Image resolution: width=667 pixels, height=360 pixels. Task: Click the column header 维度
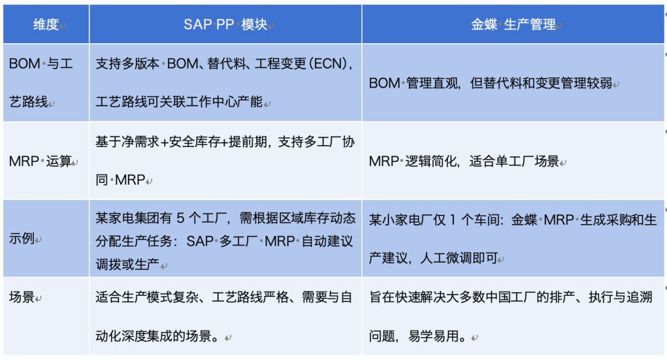pyautogui.click(x=46, y=24)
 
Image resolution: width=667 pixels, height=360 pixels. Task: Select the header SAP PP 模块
pyautogui.click(x=225, y=24)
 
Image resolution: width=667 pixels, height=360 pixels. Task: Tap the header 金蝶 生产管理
pyautogui.click(x=513, y=24)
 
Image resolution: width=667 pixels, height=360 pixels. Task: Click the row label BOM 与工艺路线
pyautogui.click(x=41, y=83)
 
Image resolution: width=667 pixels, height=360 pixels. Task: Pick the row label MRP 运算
pyautogui.click(x=40, y=161)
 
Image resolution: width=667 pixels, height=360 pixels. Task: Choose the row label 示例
pyautogui.click(x=22, y=238)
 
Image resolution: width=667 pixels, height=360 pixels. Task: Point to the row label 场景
pyautogui.click(x=22, y=296)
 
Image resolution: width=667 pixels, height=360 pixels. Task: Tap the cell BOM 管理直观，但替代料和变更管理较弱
pyautogui.click(x=490, y=83)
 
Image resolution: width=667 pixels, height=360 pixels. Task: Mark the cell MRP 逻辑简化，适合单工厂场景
pyautogui.click(x=464, y=161)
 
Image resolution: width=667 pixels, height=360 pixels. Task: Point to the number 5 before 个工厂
pyautogui.click(x=180, y=219)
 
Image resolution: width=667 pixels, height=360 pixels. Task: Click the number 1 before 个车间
pyautogui.click(x=453, y=220)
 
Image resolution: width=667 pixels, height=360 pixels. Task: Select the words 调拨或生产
pyautogui.click(x=127, y=264)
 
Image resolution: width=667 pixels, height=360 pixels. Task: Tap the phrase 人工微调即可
pyautogui.click(x=458, y=258)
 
